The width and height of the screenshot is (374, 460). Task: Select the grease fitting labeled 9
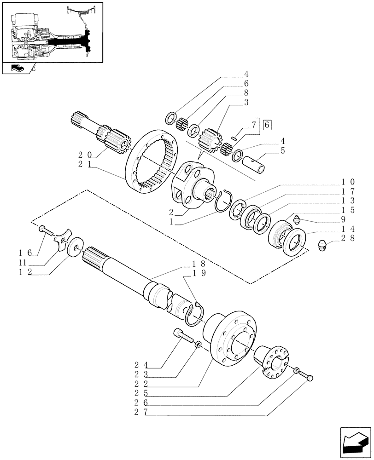[x=296, y=221]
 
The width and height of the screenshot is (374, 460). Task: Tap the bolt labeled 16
[x=44, y=230]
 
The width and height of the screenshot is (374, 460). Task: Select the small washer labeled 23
[x=198, y=345]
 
